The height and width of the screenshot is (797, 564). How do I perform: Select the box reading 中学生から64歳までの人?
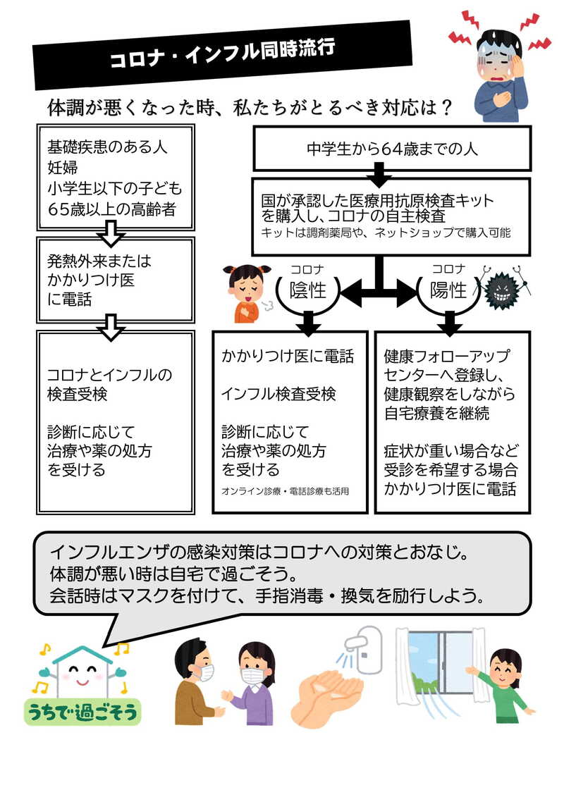392,149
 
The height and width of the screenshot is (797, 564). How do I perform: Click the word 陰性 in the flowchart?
308,290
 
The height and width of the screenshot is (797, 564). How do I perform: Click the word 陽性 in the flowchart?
448,290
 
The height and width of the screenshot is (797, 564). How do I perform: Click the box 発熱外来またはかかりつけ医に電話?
114,280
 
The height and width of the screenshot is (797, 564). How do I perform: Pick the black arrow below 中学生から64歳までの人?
380,171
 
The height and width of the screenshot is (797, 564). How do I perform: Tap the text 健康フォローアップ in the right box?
446,356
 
